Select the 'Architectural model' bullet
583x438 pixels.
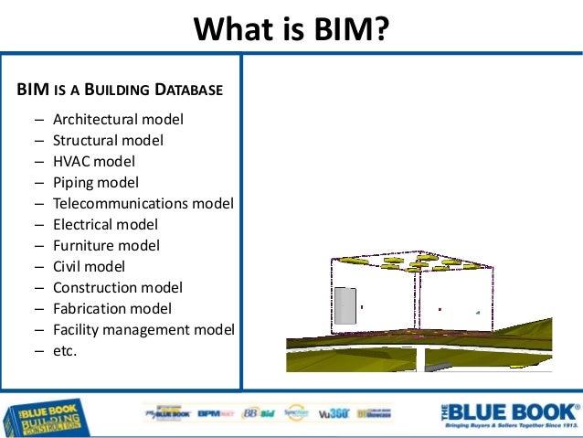pyautogui.click(x=118, y=120)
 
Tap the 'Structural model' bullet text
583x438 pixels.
pyautogui.click(x=108, y=141)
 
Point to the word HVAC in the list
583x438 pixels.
pyautogui.click(x=71, y=162)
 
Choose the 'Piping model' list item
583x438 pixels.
pyautogui.click(x=96, y=183)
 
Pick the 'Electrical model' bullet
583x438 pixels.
pyautogui.click(x=105, y=225)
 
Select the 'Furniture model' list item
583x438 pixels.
pyautogui.click(x=106, y=246)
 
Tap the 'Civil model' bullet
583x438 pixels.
pyautogui.click(x=90, y=267)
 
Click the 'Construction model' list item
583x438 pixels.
pyautogui.click(x=118, y=288)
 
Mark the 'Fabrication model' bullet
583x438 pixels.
pyautogui.click(x=112, y=309)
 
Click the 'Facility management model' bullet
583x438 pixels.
pyautogui.click(x=143, y=330)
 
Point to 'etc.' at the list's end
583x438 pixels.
pyautogui.click(x=65, y=350)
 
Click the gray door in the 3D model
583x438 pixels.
pyautogui.click(x=344, y=305)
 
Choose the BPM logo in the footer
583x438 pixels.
pyautogui.click(x=217, y=414)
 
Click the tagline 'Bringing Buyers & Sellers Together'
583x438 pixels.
pyautogui.click(x=510, y=427)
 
